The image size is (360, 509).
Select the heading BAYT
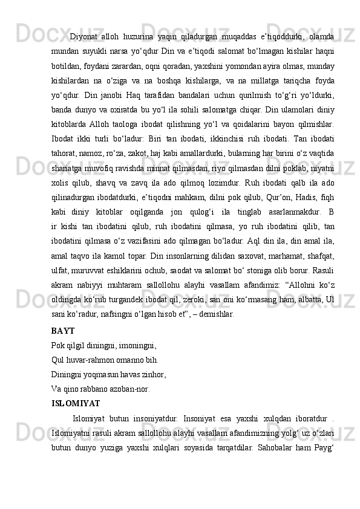(64, 331)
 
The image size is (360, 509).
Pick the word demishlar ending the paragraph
(218, 314)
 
